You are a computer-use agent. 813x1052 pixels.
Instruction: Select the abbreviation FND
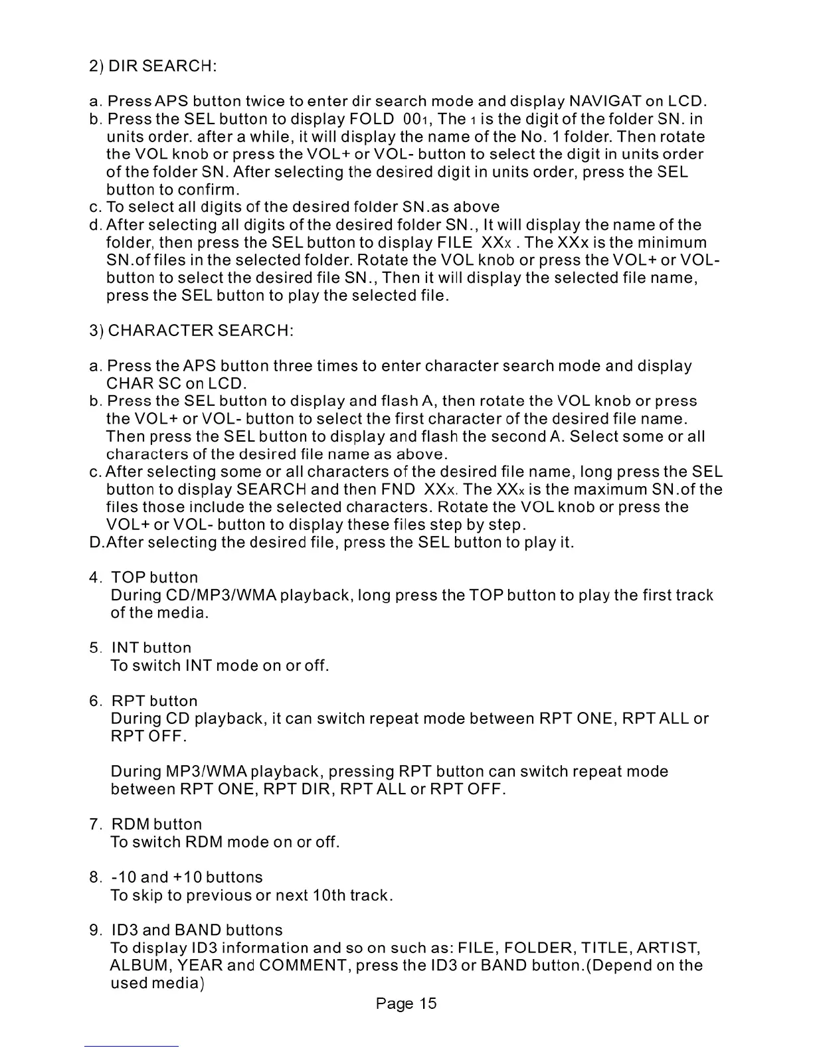click(398, 490)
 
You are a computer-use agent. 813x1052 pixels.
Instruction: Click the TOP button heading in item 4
click(154, 578)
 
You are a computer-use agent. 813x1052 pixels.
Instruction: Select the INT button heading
click(151, 648)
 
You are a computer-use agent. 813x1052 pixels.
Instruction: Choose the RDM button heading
click(156, 825)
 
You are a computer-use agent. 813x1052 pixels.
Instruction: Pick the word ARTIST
click(664, 948)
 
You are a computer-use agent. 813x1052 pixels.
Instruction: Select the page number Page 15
click(406, 1004)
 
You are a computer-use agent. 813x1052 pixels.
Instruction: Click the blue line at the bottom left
click(132, 1047)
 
